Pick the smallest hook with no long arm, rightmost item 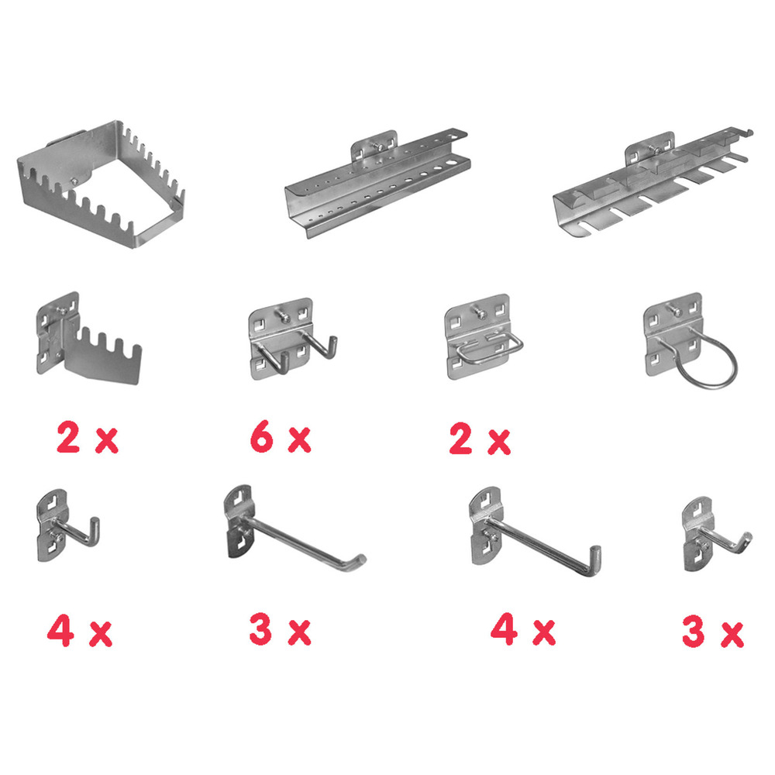coord(709,535)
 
